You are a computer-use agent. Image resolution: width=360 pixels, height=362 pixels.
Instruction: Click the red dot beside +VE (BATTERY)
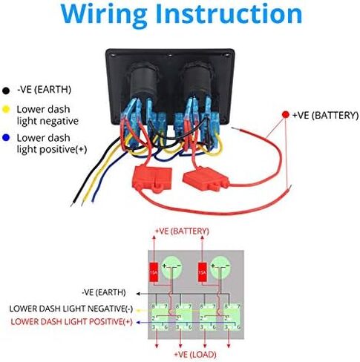pyautogui.click(x=285, y=116)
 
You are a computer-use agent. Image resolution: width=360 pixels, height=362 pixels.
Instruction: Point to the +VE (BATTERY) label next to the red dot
pyautogui.click(x=321, y=116)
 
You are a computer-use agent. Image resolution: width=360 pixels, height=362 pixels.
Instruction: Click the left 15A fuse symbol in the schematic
pyautogui.click(x=152, y=271)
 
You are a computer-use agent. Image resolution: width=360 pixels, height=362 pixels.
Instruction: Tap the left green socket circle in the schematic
pyautogui.click(x=171, y=265)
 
